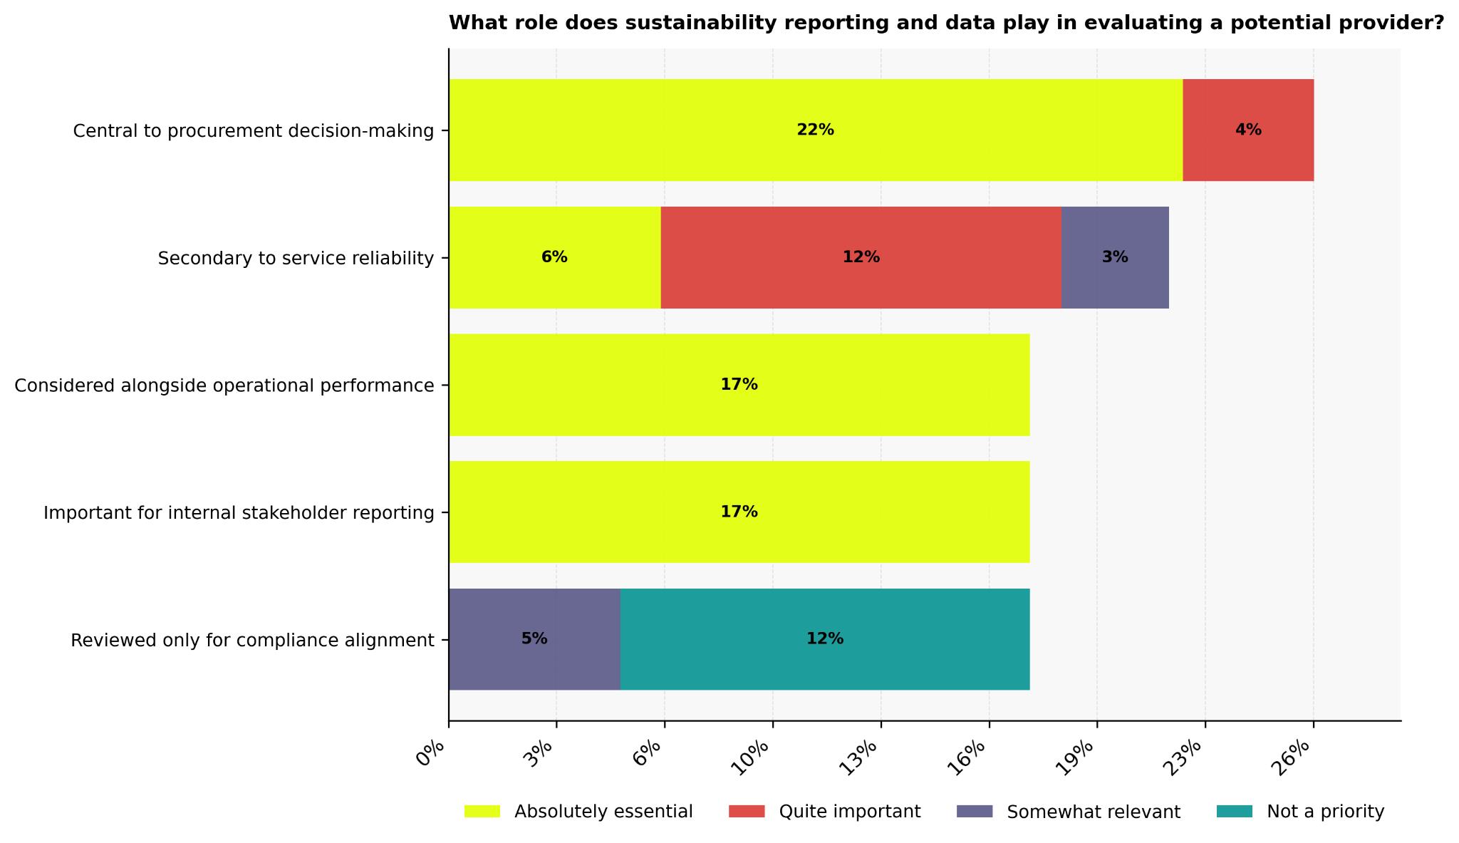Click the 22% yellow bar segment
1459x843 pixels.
[x=815, y=130]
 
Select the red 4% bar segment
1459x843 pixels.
[x=1247, y=130]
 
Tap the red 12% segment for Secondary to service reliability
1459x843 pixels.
[x=861, y=257]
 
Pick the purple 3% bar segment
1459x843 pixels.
[x=1114, y=257]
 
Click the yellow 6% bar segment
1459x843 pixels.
[x=554, y=257]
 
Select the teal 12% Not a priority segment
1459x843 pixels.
[x=824, y=639]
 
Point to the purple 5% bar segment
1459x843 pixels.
[x=534, y=639]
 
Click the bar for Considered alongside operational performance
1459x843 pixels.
[x=739, y=385]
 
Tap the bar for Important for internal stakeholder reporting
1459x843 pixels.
[x=739, y=512]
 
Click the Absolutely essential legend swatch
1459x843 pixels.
[x=482, y=812]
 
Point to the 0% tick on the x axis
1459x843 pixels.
[x=432, y=753]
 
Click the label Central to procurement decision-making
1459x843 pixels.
[x=253, y=131]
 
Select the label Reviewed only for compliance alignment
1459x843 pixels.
[x=252, y=641]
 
